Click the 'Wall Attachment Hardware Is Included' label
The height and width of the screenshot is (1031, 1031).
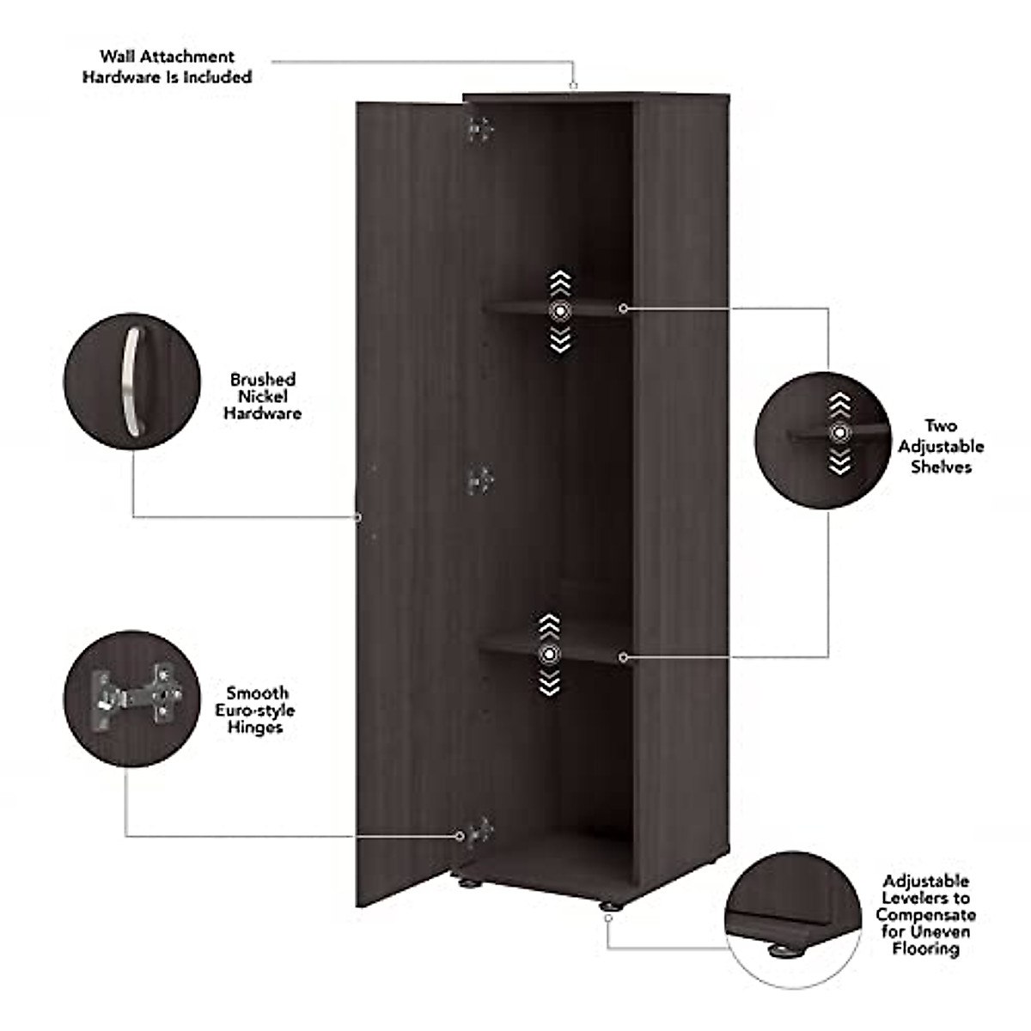coord(167,67)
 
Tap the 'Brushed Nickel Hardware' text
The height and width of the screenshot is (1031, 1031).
coord(262,396)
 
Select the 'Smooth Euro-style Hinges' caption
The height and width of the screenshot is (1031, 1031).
coord(255,711)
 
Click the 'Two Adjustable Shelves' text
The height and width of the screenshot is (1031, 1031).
coord(941,447)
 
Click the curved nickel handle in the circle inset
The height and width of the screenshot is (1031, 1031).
coord(131,381)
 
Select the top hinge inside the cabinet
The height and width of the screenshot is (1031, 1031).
coord(479,129)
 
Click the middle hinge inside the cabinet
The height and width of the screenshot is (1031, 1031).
coord(479,481)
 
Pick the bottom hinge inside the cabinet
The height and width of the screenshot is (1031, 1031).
coord(479,832)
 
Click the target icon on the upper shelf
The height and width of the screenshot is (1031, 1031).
coord(560,311)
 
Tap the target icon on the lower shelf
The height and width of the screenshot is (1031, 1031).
coord(549,655)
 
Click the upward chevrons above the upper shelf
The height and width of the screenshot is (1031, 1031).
coord(560,283)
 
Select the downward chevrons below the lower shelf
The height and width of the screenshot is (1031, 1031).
coord(549,684)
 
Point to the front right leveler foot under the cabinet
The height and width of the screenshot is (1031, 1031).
coord(608,906)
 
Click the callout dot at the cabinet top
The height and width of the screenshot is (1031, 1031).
coord(573,85)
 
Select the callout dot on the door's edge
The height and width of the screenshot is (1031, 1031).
coord(357,516)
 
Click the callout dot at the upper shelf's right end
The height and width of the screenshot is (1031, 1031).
coord(623,308)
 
